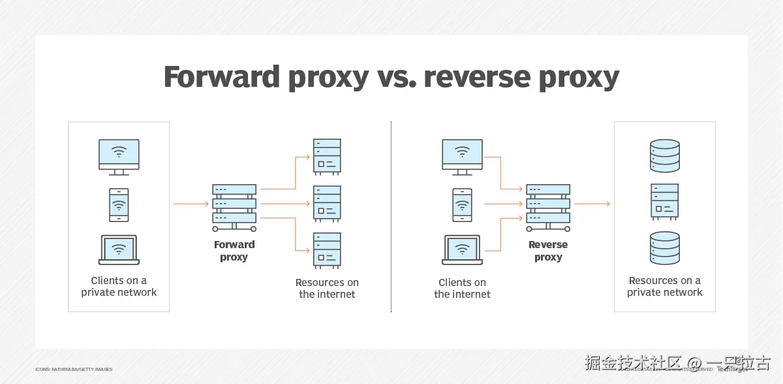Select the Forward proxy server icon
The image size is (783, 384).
[234, 206]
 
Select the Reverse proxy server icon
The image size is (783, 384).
[548, 206]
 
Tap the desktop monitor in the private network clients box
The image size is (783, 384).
[119, 156]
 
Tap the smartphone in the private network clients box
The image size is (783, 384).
[119, 205]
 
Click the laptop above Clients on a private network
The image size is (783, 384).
[119, 249]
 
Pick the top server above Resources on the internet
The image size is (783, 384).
[327, 155]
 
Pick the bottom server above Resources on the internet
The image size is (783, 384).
[327, 250]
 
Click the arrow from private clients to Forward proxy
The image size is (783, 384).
[190, 204]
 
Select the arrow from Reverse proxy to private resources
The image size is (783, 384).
[591, 204]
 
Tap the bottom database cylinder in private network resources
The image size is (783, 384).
[664, 249]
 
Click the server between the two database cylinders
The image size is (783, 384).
[664, 201]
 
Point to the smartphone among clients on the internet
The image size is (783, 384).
[462, 205]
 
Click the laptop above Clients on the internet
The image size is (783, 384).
[462, 249]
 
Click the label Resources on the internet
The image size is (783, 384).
[327, 288]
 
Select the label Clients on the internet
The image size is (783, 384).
[462, 288]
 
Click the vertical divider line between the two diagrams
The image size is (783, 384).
[391, 216]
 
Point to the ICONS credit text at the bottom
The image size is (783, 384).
[74, 370]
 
